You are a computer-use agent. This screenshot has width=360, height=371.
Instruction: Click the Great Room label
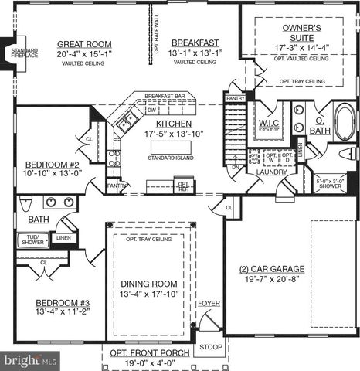(84, 44)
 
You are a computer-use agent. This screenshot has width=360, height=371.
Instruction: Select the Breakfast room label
(195, 43)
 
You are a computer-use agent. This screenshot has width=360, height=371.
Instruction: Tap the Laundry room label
(273, 172)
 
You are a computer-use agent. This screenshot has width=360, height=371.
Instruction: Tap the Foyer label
(209, 304)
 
